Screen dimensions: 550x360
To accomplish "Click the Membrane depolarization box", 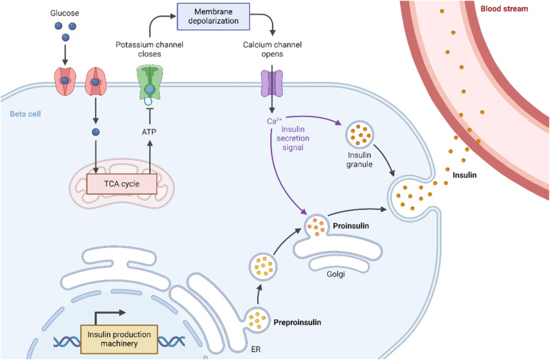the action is click(214, 16).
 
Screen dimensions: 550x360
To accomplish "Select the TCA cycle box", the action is click(121, 184).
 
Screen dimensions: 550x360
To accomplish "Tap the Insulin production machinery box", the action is click(119, 339).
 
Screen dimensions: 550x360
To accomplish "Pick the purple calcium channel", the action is click(272, 84).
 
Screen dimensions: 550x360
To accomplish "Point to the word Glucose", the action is click(64, 13).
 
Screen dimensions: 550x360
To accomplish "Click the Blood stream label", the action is click(504, 9).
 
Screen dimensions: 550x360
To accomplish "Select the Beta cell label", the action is click(25, 114).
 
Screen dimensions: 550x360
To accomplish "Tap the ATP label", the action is click(149, 132).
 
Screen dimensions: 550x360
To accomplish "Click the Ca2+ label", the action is click(274, 121).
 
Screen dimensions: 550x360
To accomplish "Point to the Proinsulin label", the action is click(351, 226).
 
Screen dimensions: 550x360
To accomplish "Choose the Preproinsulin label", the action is click(297, 322).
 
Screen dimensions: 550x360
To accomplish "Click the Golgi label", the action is click(336, 274).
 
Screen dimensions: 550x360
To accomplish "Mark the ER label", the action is click(256, 349).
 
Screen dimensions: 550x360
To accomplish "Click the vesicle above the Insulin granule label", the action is click(359, 134).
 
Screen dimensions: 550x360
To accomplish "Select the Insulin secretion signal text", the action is click(293, 139).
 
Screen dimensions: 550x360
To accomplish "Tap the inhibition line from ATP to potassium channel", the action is click(150, 116).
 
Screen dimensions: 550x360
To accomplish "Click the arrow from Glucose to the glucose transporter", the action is click(65, 55).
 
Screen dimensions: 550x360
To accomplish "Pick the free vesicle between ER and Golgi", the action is click(263, 266).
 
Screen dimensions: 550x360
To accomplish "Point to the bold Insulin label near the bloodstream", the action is click(464, 175).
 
